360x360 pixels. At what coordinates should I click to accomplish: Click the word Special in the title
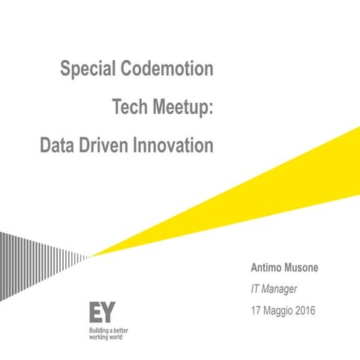(87, 70)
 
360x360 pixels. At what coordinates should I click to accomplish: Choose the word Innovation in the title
(173, 146)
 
